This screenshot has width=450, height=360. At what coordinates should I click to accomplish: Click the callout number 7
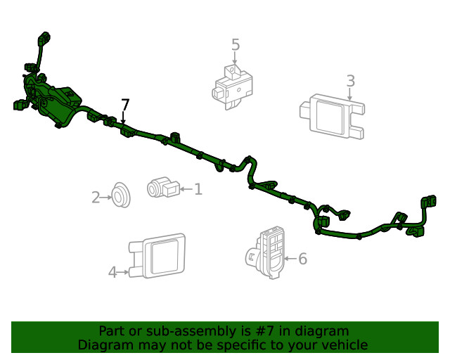click(x=125, y=105)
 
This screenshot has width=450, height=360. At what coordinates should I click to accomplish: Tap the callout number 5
click(x=236, y=45)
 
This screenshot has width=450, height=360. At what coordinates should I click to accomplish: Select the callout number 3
click(x=351, y=81)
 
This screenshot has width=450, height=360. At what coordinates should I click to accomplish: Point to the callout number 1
click(x=198, y=189)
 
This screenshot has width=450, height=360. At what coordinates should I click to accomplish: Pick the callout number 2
click(x=96, y=198)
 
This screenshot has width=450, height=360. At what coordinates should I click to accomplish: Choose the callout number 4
click(x=112, y=272)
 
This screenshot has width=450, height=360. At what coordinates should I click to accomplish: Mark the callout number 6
click(x=303, y=259)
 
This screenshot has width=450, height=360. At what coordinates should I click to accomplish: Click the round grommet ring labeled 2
click(x=121, y=195)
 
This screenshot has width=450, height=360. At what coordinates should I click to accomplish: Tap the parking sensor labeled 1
click(x=163, y=187)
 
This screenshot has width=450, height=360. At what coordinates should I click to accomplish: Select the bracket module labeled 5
click(x=233, y=87)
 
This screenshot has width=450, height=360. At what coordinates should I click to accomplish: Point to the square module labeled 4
click(x=157, y=256)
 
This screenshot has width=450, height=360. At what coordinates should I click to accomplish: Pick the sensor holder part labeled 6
click(x=265, y=252)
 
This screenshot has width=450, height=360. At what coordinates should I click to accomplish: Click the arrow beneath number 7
click(x=124, y=117)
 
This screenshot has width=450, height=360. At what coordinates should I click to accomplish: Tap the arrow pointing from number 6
click(x=290, y=259)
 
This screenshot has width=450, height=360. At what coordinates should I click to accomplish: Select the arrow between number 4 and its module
click(x=124, y=272)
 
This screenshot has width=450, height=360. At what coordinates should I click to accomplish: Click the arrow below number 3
click(x=349, y=94)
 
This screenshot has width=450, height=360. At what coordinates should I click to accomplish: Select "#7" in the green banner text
click(x=264, y=331)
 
